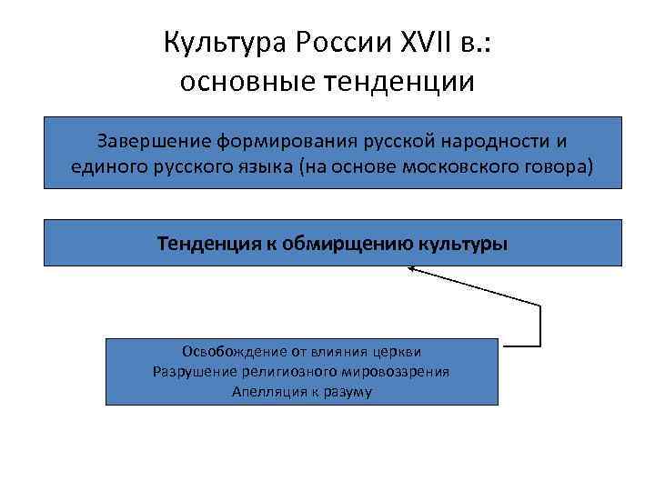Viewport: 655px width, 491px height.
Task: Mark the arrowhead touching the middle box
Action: (x=411, y=268)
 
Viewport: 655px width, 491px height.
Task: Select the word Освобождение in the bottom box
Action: (x=225, y=352)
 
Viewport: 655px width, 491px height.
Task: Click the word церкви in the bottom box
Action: (x=401, y=352)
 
